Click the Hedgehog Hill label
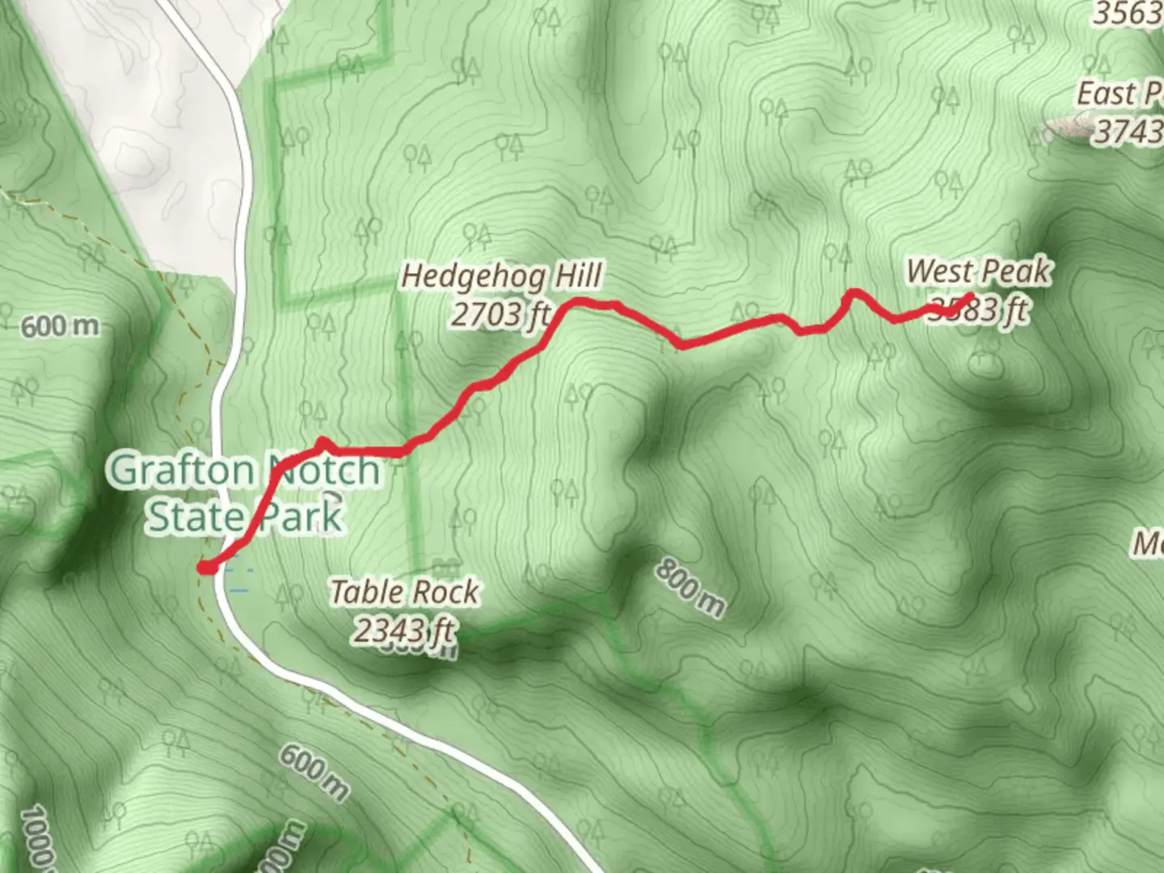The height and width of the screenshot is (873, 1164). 501,276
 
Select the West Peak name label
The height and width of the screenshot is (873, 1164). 979,272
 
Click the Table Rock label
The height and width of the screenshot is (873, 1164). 404,593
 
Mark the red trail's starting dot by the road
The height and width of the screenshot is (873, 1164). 206,567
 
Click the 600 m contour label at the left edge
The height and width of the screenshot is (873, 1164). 60,327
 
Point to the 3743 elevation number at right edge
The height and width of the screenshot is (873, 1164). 1128,131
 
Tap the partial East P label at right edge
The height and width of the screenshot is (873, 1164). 1119,95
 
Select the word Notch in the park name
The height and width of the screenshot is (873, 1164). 323,470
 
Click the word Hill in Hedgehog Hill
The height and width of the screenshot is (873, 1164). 577,276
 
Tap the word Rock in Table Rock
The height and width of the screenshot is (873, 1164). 445,593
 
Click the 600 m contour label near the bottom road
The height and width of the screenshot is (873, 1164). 314,772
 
